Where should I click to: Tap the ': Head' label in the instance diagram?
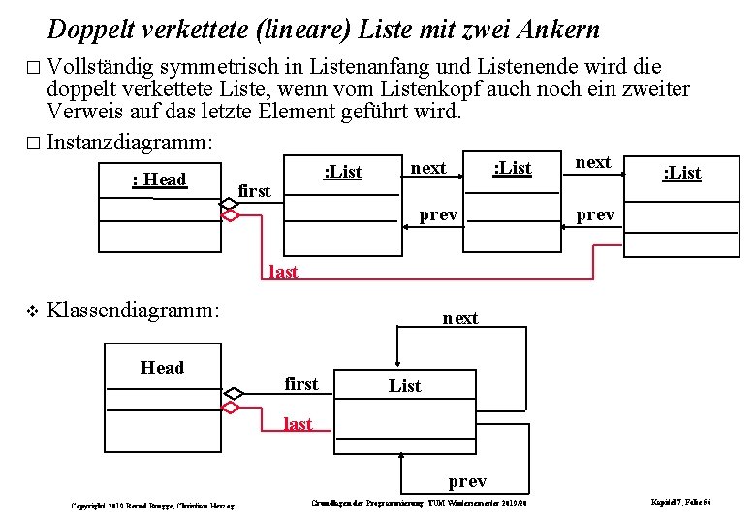point(159,180)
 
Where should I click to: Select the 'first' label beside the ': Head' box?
point(254,191)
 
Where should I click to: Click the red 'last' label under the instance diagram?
point(282,272)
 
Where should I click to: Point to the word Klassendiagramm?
point(134,311)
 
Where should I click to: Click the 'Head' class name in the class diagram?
point(162,368)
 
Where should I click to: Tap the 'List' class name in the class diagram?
point(404,386)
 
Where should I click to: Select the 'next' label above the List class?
point(459,318)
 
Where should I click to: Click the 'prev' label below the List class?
point(467,481)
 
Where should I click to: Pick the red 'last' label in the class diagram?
point(298,424)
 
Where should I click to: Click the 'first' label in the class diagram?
point(300,384)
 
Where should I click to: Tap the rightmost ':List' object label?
point(681,173)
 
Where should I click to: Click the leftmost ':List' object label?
point(342,173)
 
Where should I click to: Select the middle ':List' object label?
point(512,168)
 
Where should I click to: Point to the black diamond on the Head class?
point(233,393)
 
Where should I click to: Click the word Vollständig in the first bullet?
point(102,67)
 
